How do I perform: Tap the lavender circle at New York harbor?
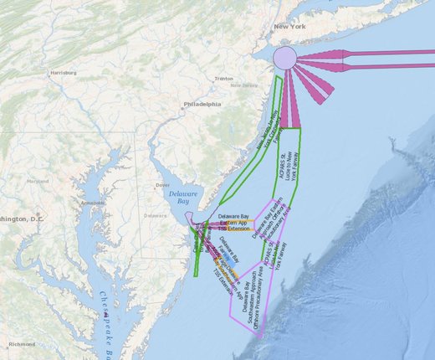pos(284,58)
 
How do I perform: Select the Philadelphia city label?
pos(202,104)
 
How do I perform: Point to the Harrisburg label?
pos(64,73)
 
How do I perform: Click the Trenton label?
pos(223,79)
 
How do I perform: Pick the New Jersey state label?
pos(243,85)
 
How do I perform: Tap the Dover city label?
pos(164,185)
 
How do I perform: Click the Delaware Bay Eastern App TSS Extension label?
pos(233,224)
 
